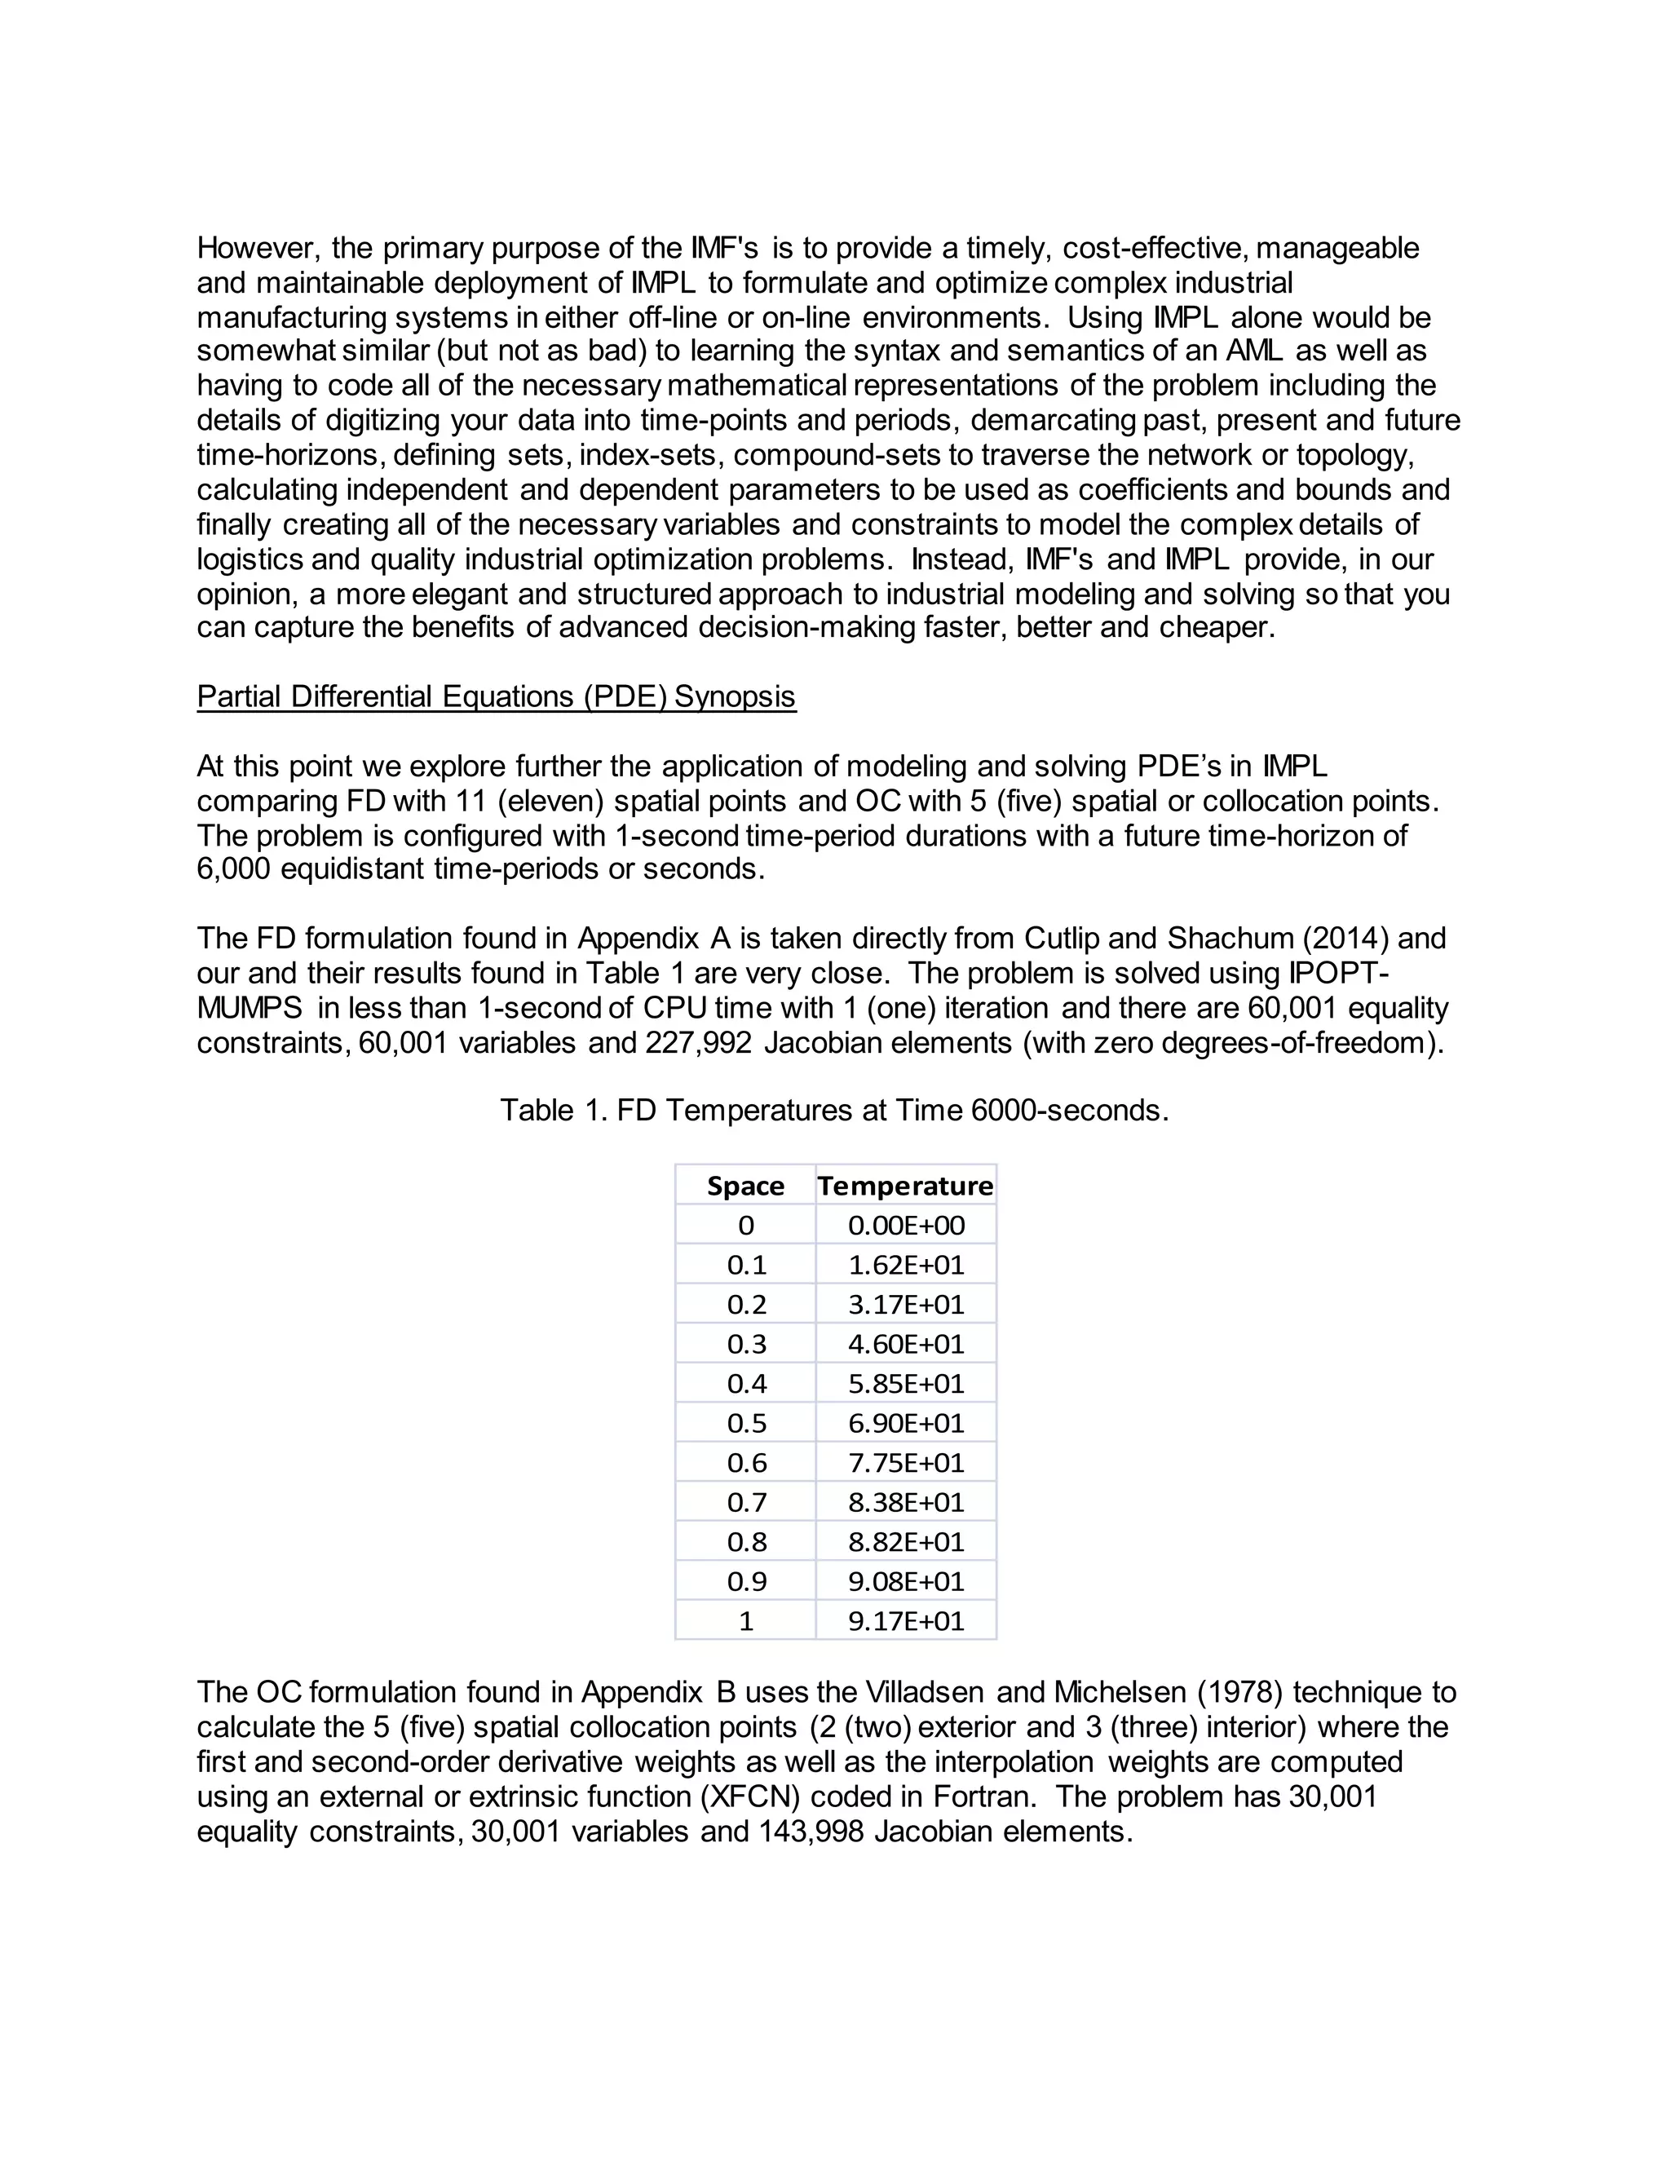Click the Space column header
click(x=745, y=1186)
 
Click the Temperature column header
click(x=905, y=1186)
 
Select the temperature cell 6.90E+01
click(x=905, y=1423)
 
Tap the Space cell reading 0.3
click(x=746, y=1344)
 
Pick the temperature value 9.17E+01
click(x=905, y=1621)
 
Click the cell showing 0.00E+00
click(x=905, y=1225)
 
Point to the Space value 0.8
click(x=746, y=1541)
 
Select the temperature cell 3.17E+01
click(x=905, y=1304)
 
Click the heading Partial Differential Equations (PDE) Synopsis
click(x=496, y=696)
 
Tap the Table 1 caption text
click(x=834, y=1110)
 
